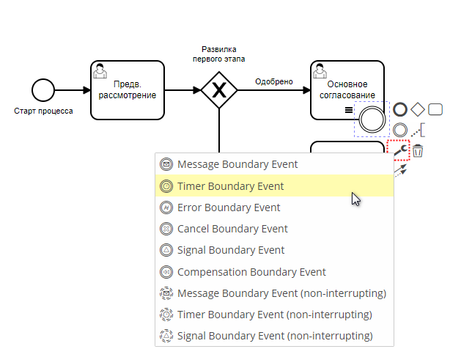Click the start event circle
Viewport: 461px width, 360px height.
(x=43, y=91)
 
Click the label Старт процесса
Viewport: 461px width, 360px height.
(x=43, y=111)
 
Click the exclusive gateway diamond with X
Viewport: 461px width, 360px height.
(x=218, y=91)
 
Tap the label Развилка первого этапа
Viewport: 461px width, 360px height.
(x=218, y=54)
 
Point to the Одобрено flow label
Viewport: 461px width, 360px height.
(x=274, y=81)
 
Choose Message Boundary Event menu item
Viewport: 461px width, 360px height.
(x=237, y=165)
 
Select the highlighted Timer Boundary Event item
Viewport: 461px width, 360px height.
(x=230, y=186)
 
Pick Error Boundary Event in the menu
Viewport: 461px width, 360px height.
(x=229, y=207)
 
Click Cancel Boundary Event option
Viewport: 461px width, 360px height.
(x=232, y=229)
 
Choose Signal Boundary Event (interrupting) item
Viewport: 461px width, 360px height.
(x=231, y=250)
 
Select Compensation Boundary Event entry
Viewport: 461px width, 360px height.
(x=251, y=272)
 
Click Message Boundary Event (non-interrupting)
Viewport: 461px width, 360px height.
(x=281, y=293)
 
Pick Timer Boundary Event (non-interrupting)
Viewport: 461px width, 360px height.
(x=274, y=315)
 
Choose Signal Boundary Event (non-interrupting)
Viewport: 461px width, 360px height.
(x=275, y=336)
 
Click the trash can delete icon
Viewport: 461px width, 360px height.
(x=418, y=151)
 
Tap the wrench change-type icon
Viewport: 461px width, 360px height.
(x=399, y=150)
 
